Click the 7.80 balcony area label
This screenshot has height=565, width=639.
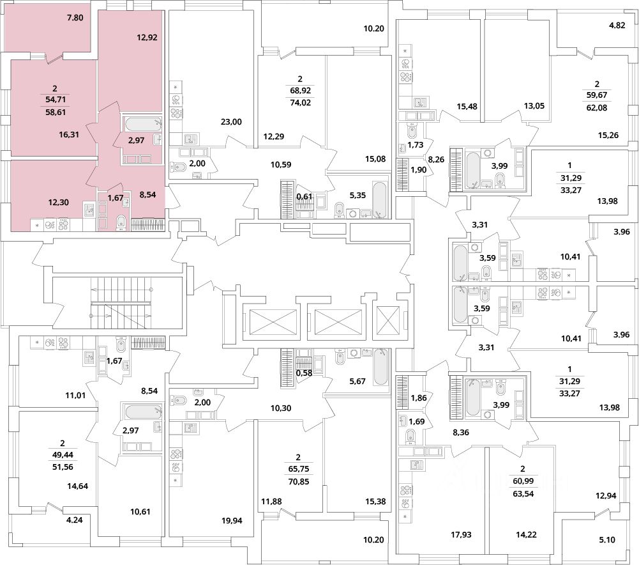coord(75,17)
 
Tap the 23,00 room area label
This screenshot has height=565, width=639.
coord(232,121)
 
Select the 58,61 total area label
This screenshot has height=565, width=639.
coord(55,112)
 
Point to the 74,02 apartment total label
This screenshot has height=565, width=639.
coord(300,103)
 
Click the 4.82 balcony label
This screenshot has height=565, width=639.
coord(617,26)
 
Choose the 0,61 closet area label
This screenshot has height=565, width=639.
coord(304,196)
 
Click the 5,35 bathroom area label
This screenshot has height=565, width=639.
coord(357,196)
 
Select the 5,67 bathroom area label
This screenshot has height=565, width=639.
coord(357,381)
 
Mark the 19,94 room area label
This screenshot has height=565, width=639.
coord(232,520)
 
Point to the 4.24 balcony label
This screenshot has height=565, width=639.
coord(73,520)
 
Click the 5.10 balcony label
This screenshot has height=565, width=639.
coord(607,539)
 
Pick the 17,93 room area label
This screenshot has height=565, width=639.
coord(461,534)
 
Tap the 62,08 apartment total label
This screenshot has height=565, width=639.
coord(597,108)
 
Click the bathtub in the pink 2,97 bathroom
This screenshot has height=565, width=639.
coord(142,123)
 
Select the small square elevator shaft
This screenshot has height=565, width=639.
coord(389,321)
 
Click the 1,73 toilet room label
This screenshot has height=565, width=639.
coord(416,145)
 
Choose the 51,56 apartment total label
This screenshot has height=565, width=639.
coord(63,467)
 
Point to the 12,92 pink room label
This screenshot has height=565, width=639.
coord(147,38)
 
